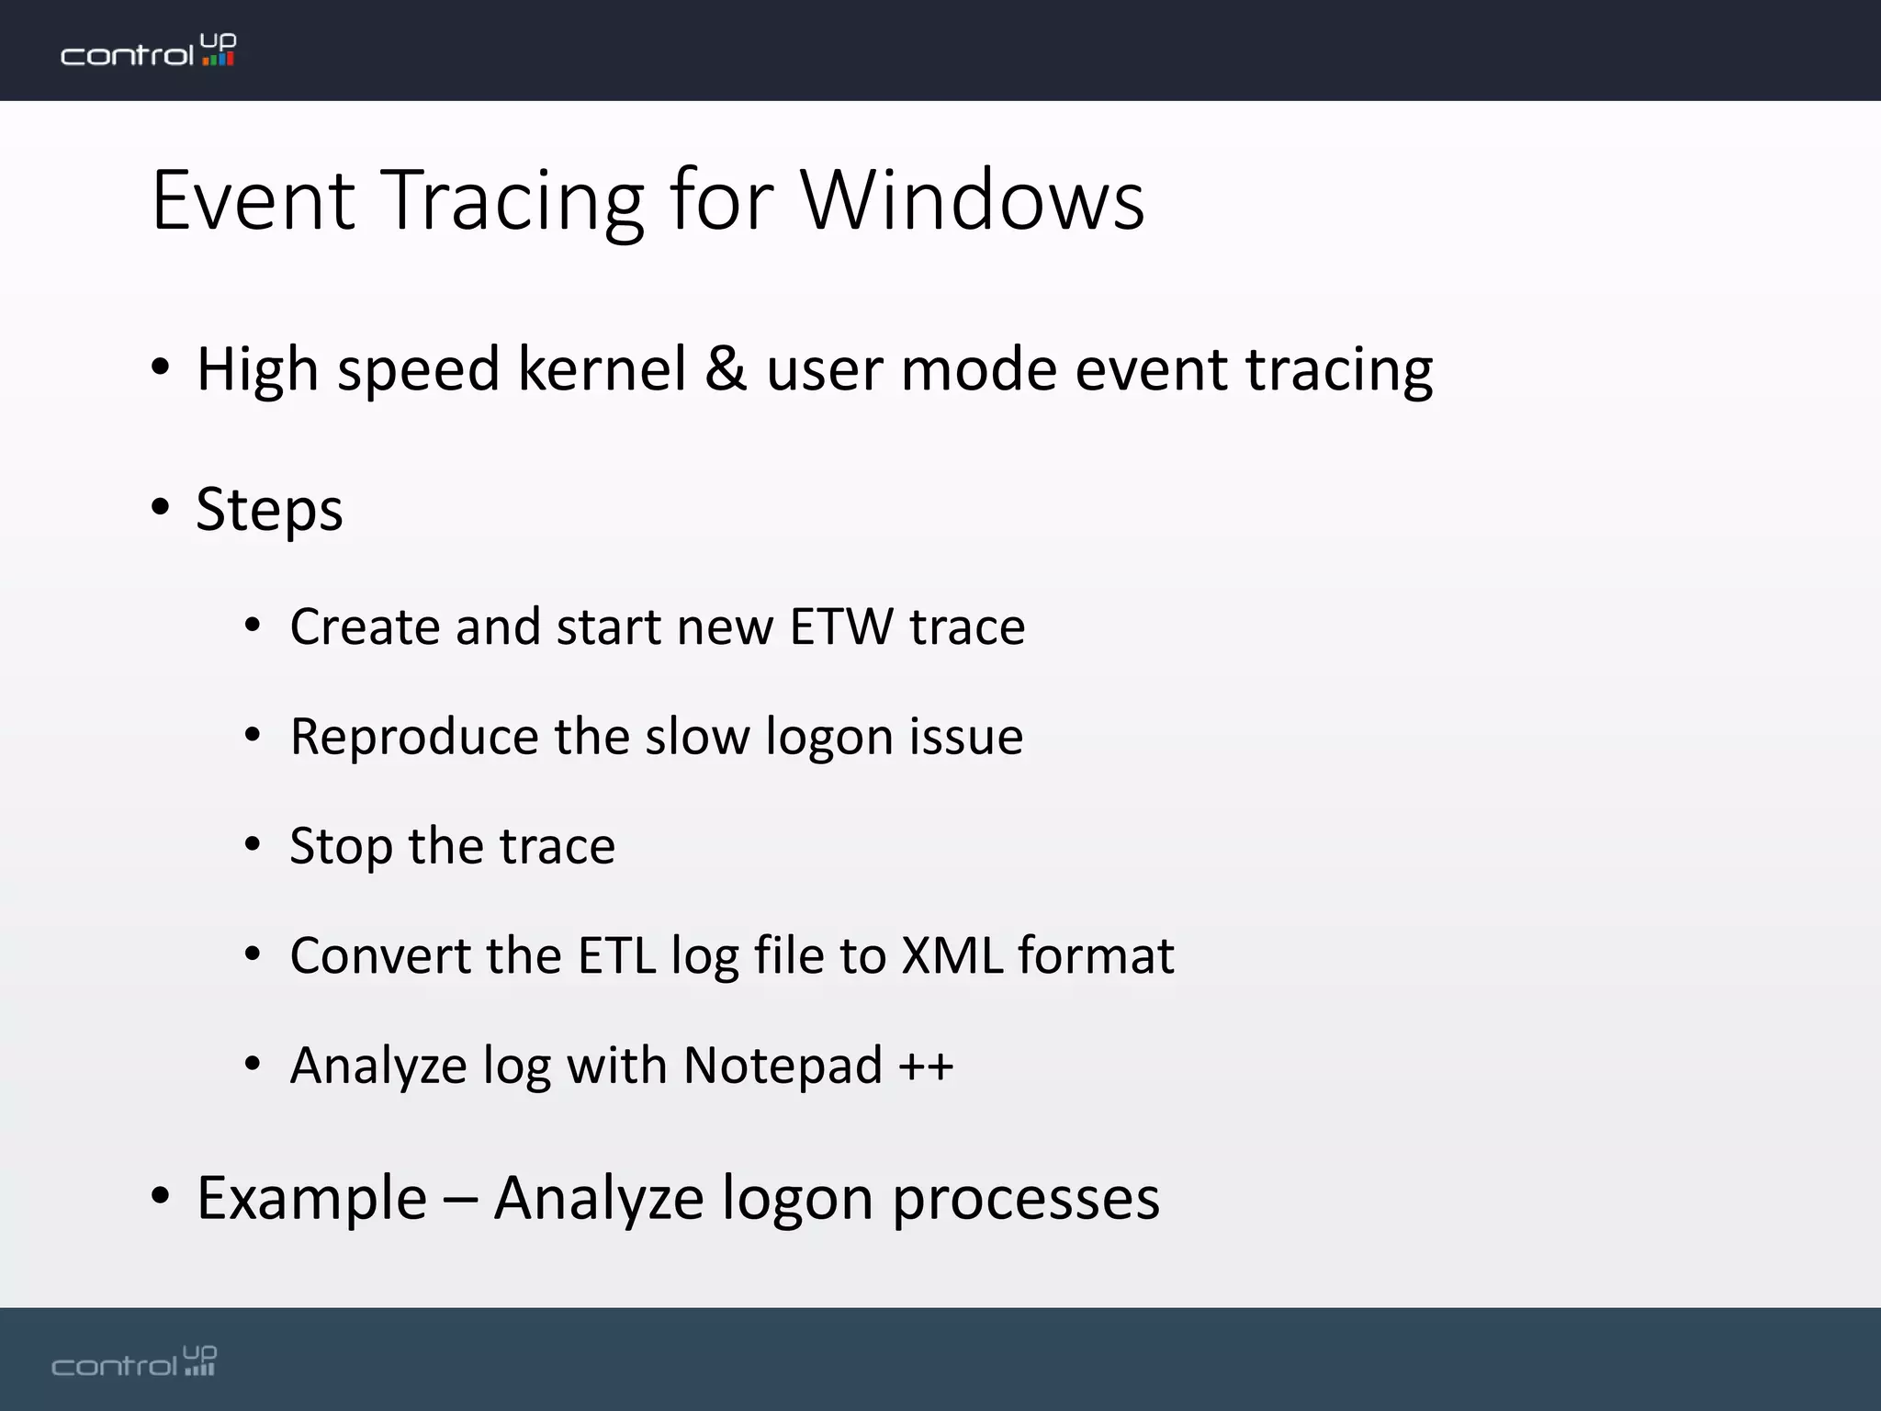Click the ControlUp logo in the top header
(x=148, y=51)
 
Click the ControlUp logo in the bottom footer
(x=134, y=1361)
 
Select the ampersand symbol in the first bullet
(x=726, y=368)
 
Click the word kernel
(x=602, y=368)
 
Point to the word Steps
(x=269, y=509)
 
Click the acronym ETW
(x=840, y=626)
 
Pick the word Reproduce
(x=412, y=737)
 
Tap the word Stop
(x=341, y=846)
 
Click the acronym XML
(x=952, y=955)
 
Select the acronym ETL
(x=616, y=955)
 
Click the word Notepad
(x=783, y=1066)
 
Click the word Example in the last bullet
(x=312, y=1198)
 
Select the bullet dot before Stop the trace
(x=253, y=844)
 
